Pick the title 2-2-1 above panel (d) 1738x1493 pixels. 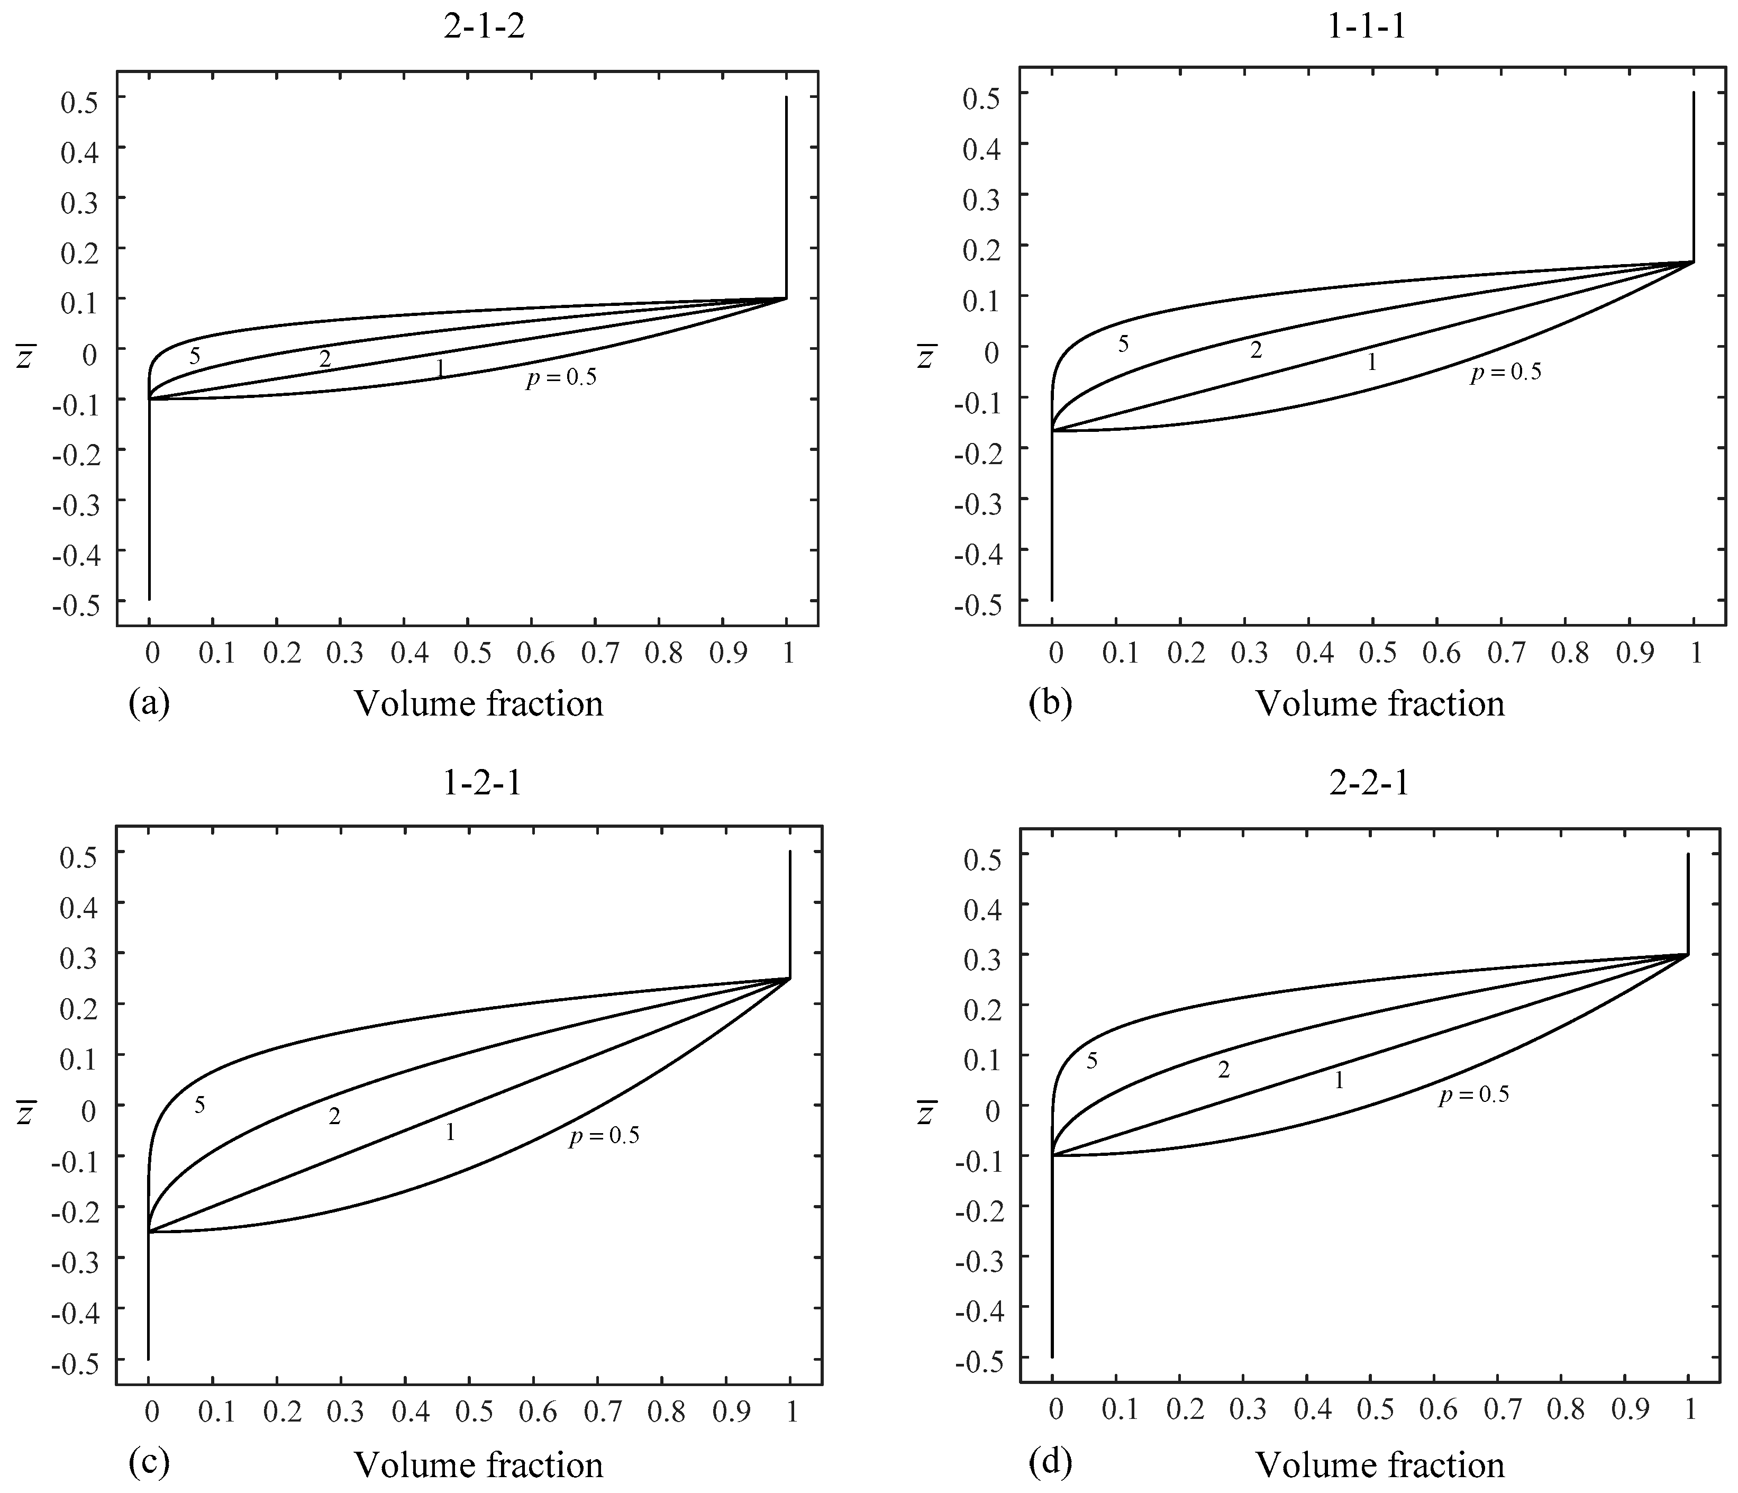tap(1368, 783)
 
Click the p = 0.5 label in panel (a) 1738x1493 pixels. tap(561, 378)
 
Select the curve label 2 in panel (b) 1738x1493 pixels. tap(1255, 351)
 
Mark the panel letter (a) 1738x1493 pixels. tap(149, 703)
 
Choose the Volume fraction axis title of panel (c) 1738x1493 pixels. tap(479, 1465)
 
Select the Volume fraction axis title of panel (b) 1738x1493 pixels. tap(1380, 704)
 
